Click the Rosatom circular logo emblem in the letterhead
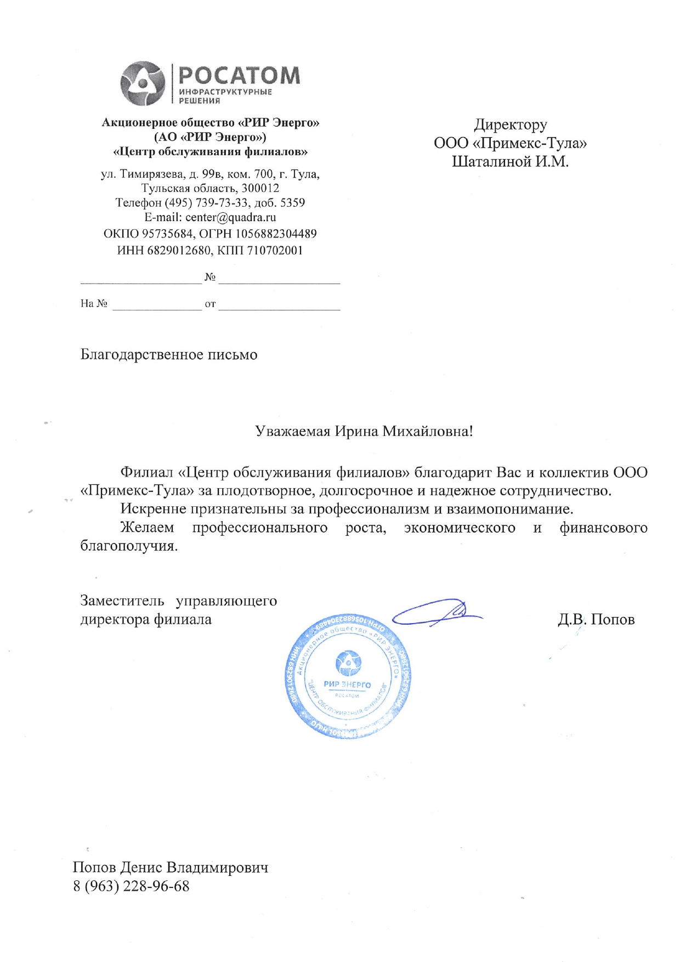(143, 83)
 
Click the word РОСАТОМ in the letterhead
(240, 76)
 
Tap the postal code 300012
(260, 188)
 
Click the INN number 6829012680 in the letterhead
(179, 250)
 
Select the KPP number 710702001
(275, 250)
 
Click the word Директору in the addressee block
(510, 125)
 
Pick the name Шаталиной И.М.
(510, 161)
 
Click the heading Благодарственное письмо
(169, 354)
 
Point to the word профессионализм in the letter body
(369, 509)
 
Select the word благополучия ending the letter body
(129, 546)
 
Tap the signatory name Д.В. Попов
(596, 619)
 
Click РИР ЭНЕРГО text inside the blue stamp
(347, 684)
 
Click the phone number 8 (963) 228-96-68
(131, 886)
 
